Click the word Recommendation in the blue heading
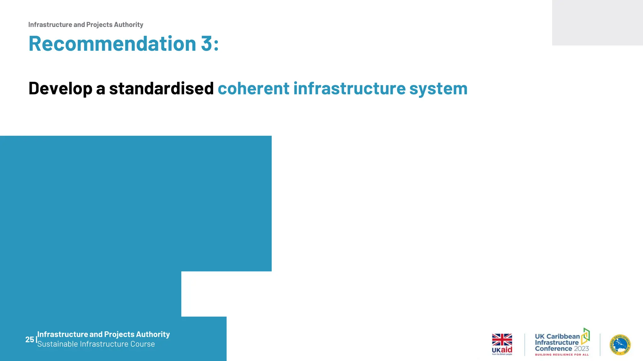[112, 44]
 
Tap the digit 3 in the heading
[206, 44]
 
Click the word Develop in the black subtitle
[60, 88]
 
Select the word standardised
[161, 88]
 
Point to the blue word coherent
[253, 88]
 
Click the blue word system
[438, 88]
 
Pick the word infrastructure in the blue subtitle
[349, 88]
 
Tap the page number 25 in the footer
[30, 339]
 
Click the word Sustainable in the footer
[57, 344]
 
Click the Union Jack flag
[502, 339]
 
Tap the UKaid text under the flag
[502, 350]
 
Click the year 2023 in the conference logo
[581, 348]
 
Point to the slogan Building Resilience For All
[562, 355]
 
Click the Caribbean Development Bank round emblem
[620, 345]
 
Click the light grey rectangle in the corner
[597, 23]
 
